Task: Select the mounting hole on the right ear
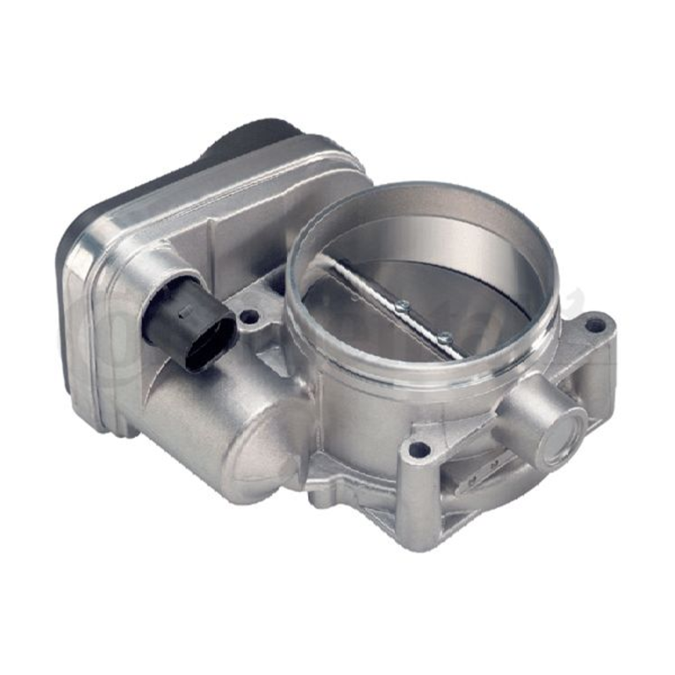pyautogui.click(x=596, y=323)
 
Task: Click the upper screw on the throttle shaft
pyautogui.click(x=402, y=306)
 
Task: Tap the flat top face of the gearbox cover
pyautogui.click(x=236, y=202)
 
